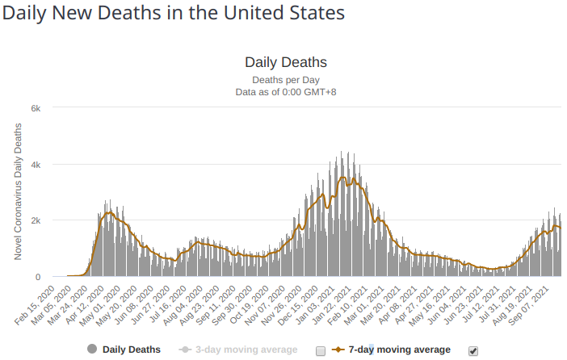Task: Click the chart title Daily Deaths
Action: click(285, 62)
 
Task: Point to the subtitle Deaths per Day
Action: click(285, 79)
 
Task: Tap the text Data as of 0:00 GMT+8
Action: click(285, 92)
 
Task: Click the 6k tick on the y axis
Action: click(48, 107)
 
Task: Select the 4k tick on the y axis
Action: click(48, 164)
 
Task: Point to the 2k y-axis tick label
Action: click(48, 220)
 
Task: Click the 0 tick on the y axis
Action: click(50, 277)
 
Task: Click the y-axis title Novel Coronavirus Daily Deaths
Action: click(18, 192)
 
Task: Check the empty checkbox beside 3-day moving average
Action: click(321, 350)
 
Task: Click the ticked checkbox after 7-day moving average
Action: click(473, 350)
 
